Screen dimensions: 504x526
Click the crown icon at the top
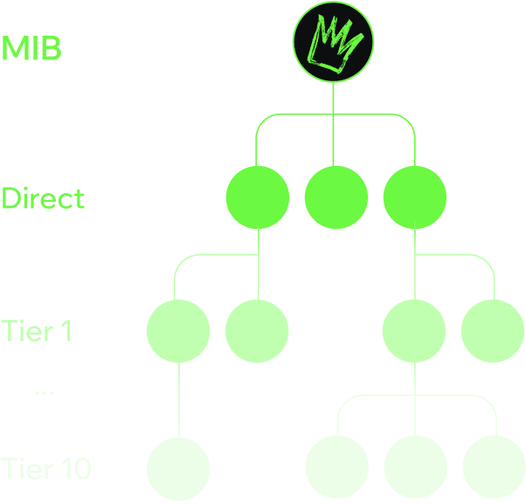pyautogui.click(x=332, y=43)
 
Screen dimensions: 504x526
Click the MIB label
pyautogui.click(x=31, y=48)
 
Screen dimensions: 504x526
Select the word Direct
pyautogui.click(x=43, y=198)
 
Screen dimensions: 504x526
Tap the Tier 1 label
pyautogui.click(x=37, y=332)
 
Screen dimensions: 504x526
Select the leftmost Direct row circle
pyautogui.click(x=257, y=197)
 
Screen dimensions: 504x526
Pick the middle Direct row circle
pyautogui.click(x=336, y=197)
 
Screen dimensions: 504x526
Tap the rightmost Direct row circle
pyautogui.click(x=414, y=197)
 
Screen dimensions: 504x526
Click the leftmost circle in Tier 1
pyautogui.click(x=178, y=330)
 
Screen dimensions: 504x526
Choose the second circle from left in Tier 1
pyautogui.click(x=257, y=330)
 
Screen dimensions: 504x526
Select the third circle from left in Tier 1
pyautogui.click(x=414, y=330)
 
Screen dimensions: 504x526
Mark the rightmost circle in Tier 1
pyautogui.click(x=493, y=330)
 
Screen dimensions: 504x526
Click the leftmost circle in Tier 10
pyautogui.click(x=178, y=470)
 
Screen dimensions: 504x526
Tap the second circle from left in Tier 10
pyautogui.click(x=336, y=470)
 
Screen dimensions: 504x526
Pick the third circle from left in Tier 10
pyautogui.click(x=414, y=470)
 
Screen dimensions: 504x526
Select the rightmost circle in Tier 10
pyautogui.click(x=493, y=470)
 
